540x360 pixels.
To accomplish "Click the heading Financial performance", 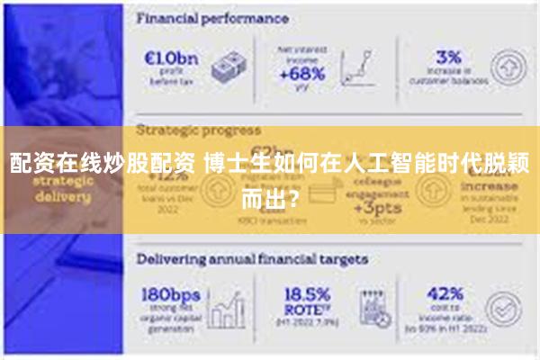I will [212, 18].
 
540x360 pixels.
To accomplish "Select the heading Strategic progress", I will [198, 130].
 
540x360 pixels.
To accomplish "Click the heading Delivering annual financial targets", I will [252, 258].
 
